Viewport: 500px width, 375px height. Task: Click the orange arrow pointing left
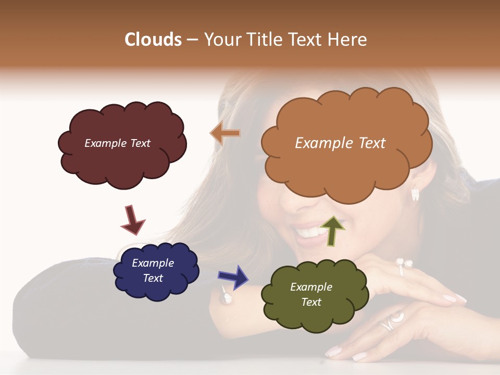[x=225, y=134]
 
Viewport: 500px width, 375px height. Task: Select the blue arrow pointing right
[x=233, y=277]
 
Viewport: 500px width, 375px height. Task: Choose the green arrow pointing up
[x=332, y=231]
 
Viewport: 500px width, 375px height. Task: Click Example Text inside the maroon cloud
[x=117, y=143]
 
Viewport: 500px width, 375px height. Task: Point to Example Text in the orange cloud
[x=340, y=143]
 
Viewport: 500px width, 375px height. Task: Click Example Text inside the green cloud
[x=311, y=294]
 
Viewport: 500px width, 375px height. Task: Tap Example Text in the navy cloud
[x=153, y=270]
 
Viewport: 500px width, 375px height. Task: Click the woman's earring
[x=415, y=194]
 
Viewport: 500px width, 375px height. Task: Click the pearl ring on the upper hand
[x=403, y=265]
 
